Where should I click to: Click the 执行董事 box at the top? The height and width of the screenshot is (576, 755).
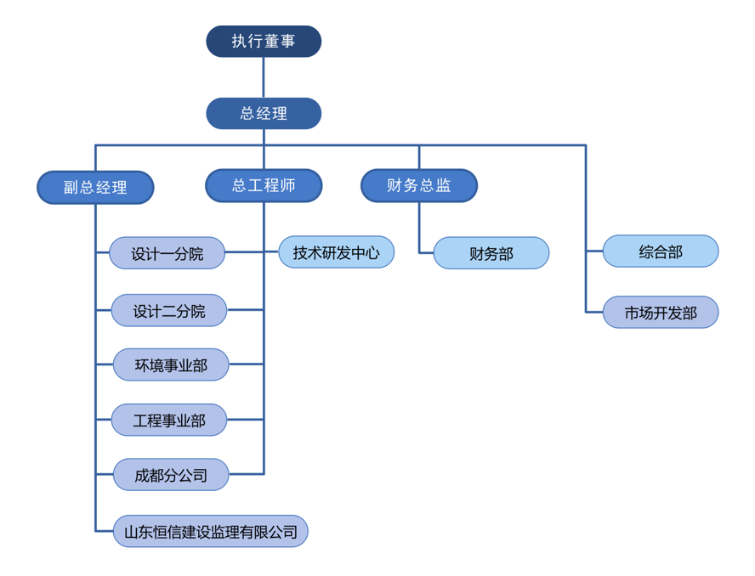(264, 41)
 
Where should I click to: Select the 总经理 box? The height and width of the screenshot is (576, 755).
(264, 113)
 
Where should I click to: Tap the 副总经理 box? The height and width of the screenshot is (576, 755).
(95, 188)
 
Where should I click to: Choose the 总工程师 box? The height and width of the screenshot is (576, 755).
(264, 185)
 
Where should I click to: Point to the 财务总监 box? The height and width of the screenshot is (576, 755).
(419, 185)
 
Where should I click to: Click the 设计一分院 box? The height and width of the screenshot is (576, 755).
(167, 253)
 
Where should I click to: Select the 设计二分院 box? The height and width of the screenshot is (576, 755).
(169, 311)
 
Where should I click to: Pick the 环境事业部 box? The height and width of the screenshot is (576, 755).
(171, 365)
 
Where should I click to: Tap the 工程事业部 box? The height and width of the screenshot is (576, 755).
(169, 420)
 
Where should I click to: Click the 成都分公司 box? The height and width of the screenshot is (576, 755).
(171, 475)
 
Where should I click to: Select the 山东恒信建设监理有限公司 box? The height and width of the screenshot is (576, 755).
(211, 532)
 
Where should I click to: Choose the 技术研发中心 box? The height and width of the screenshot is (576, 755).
(336, 252)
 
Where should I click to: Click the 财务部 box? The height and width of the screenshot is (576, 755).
(491, 253)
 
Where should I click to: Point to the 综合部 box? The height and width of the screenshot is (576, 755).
(661, 251)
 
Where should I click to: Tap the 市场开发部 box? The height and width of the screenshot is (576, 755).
(661, 313)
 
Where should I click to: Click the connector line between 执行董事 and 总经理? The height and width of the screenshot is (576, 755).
(264, 77)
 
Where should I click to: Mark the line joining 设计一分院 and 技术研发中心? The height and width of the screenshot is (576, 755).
(252, 252)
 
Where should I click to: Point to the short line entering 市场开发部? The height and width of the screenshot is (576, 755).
(594, 313)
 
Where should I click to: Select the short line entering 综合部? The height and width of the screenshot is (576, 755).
(594, 251)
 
